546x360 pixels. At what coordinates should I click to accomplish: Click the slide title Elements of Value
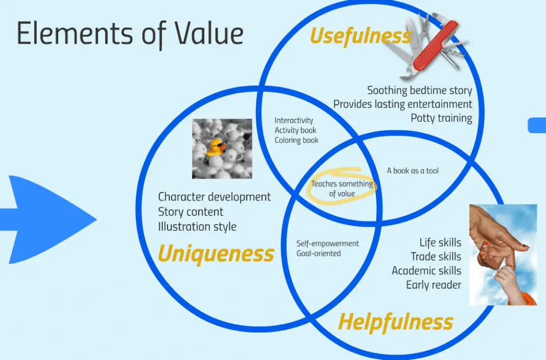pos(130,34)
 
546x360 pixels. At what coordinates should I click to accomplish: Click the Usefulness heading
pos(361,36)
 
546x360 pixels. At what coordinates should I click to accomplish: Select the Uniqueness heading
pos(216,253)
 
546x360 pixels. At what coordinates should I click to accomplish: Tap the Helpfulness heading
pos(396,322)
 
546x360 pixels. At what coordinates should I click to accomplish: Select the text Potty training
pos(441,118)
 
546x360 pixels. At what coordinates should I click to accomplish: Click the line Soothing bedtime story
pos(420,91)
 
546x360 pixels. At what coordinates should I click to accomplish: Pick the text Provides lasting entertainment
pos(403,104)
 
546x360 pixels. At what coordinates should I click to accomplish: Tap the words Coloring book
pos(296,140)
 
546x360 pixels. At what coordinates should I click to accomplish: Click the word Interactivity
pos(294,121)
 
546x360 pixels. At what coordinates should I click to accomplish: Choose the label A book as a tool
pos(413,171)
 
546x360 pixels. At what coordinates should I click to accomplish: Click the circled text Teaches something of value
pos(342,188)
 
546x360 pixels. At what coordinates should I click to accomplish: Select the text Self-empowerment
pos(327,243)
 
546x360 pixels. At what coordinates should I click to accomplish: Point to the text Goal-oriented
pos(318,253)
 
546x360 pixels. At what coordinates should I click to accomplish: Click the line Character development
pos(214,197)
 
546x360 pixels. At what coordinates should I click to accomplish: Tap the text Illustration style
pos(197,227)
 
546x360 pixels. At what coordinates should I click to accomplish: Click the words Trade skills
pos(436,257)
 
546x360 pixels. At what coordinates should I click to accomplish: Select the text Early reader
pos(433,285)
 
